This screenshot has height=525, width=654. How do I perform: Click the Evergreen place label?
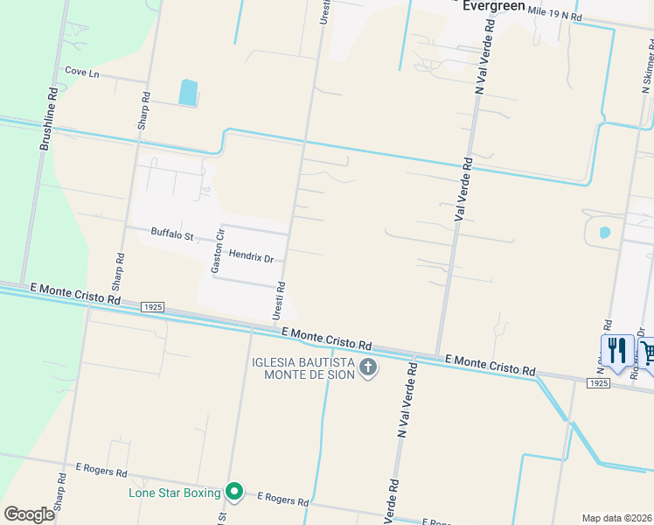493,6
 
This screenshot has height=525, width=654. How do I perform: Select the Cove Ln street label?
82,73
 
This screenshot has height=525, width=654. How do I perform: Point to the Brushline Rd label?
48,120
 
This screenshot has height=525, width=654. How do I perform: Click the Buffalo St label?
171,234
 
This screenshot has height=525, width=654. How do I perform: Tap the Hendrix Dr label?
252,257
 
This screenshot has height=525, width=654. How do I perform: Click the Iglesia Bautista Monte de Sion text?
303,368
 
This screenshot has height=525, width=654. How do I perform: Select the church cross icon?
369,368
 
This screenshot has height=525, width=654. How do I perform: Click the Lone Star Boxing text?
174,493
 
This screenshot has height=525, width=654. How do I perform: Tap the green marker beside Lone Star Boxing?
233,493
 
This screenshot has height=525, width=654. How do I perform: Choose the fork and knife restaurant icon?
617,351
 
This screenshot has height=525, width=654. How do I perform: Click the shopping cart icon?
647,353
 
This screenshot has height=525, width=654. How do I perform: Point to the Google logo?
29,514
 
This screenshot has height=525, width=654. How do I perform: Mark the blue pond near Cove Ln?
188,92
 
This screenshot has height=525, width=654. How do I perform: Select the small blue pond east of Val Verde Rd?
604,233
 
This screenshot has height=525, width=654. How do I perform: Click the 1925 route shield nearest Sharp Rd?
152,307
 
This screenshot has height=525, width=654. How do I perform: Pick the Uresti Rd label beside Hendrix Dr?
281,298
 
